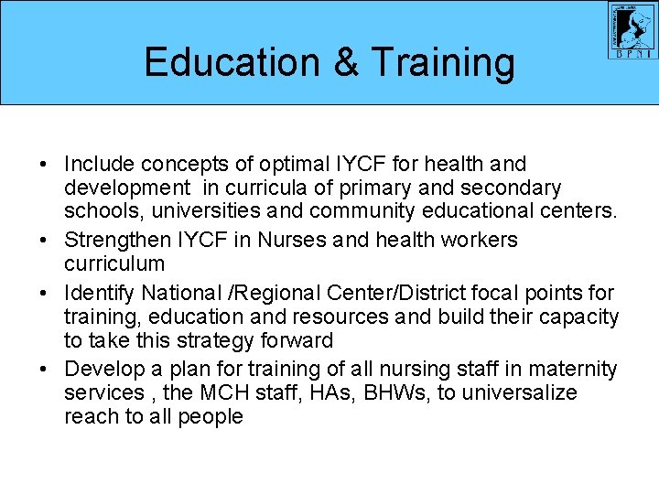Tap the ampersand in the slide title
(x=346, y=62)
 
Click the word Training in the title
(x=443, y=62)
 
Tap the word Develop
(x=103, y=369)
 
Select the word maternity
(x=575, y=369)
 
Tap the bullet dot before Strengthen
(x=44, y=241)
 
